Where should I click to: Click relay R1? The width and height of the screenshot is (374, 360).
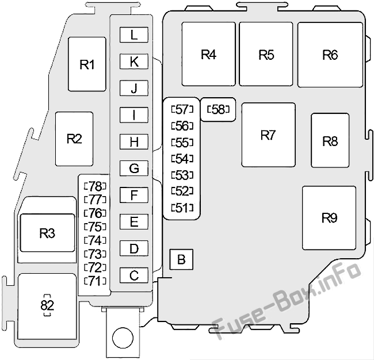pyautogui.click(x=87, y=64)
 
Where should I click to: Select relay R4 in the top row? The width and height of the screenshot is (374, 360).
pyautogui.click(x=208, y=54)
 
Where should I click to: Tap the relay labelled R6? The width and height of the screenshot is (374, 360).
pyautogui.click(x=330, y=55)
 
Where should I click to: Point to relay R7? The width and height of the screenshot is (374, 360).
pyautogui.click(x=268, y=135)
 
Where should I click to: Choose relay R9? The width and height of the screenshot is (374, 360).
pyautogui.click(x=329, y=218)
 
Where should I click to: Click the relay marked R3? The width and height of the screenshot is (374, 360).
pyautogui.click(x=47, y=233)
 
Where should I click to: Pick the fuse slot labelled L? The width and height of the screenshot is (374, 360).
pyautogui.click(x=134, y=35)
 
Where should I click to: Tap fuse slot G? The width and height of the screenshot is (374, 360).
pyautogui.click(x=134, y=168)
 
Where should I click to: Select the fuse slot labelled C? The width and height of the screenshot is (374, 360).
pyautogui.click(x=134, y=275)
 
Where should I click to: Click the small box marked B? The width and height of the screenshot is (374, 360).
pyautogui.click(x=181, y=259)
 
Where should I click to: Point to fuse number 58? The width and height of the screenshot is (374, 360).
pyautogui.click(x=218, y=109)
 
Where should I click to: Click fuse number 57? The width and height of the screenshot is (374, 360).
pyautogui.click(x=182, y=109)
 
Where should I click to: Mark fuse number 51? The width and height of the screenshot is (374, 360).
pyautogui.click(x=182, y=208)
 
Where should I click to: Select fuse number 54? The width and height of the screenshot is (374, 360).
pyautogui.click(x=182, y=159)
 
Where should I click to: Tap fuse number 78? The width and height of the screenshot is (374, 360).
pyautogui.click(x=95, y=186)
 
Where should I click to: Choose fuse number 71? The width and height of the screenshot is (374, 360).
pyautogui.click(x=95, y=281)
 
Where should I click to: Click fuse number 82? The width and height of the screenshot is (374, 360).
pyautogui.click(x=47, y=305)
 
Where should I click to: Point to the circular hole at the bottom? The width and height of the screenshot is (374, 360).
pyautogui.click(x=123, y=338)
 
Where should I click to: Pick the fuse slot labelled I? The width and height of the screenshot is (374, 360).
pyautogui.click(x=134, y=115)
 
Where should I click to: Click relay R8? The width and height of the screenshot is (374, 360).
pyautogui.click(x=330, y=141)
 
